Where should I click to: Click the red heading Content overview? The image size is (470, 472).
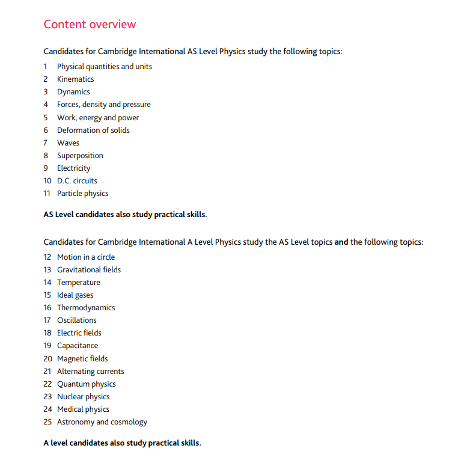[90, 25]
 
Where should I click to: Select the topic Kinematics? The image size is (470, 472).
[75, 79]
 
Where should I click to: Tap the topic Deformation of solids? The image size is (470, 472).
[93, 130]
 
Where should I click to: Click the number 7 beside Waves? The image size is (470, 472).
[46, 143]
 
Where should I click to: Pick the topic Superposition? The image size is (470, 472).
[80, 156]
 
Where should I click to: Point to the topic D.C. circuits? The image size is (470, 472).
[77, 181]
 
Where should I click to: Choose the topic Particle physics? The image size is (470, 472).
[82, 194]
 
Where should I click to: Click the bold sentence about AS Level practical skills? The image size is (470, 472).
[125, 214]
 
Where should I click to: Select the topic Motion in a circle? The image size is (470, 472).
[86, 257]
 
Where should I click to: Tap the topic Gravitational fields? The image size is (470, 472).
[89, 270]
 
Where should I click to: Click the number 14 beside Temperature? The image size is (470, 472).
[47, 283]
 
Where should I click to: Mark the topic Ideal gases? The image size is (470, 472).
[75, 295]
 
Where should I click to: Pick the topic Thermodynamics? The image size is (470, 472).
[86, 308]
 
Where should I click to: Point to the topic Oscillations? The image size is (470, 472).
[77, 320]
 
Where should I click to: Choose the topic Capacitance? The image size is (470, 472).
[78, 346]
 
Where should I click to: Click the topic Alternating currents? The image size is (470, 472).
[91, 372]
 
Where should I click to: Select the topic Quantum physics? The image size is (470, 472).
[87, 384]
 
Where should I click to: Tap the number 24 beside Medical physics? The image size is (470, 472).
[47, 409]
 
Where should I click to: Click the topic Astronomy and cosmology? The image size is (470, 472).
[102, 422]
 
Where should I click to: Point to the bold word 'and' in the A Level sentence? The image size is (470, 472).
[341, 242]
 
